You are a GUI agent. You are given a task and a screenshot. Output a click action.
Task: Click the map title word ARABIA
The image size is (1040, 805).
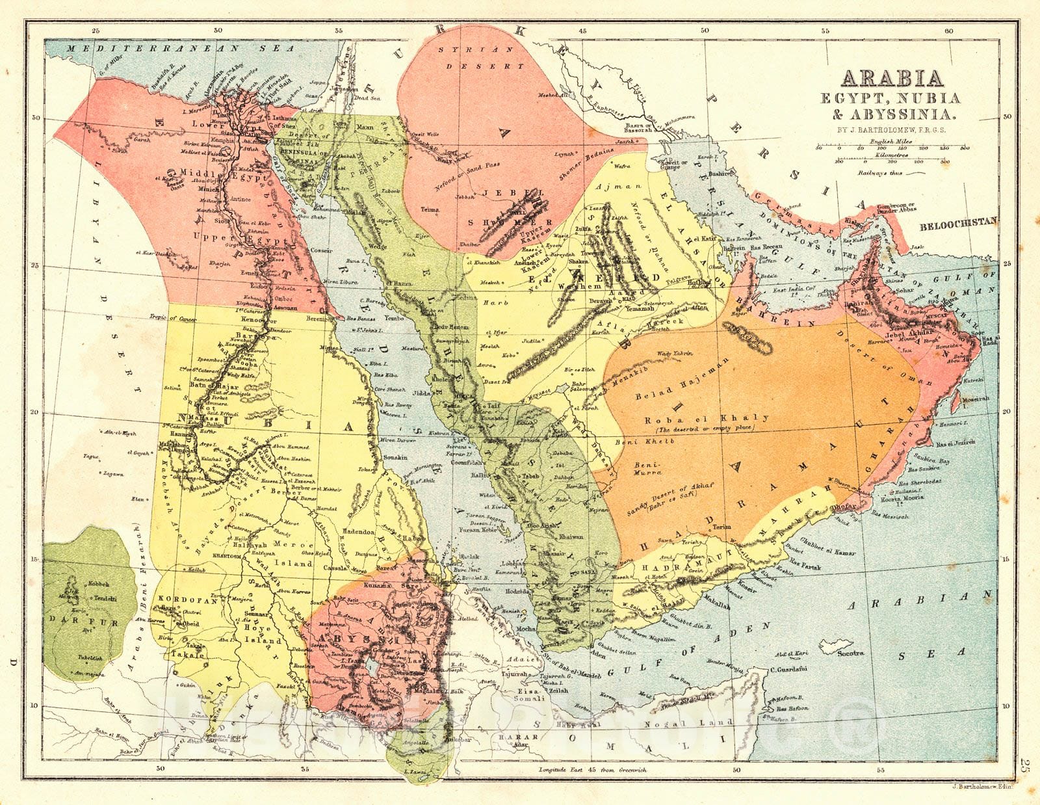[892, 78]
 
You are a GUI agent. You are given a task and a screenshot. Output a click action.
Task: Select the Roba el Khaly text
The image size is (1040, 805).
[707, 419]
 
